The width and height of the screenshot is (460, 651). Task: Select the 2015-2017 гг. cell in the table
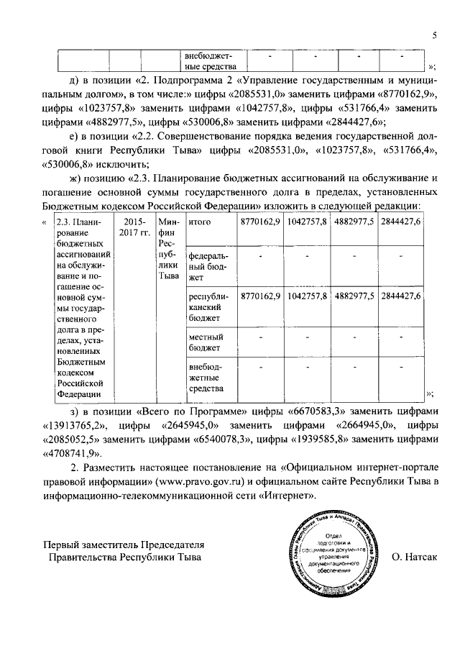coord(132,227)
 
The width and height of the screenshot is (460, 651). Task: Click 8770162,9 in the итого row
coord(260,222)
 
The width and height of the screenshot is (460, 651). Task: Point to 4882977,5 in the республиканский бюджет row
coord(354,296)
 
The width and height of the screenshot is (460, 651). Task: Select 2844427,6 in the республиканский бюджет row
coord(400,296)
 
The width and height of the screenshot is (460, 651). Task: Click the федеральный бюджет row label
coord(206,266)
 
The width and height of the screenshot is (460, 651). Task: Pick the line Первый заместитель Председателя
coord(123,543)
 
